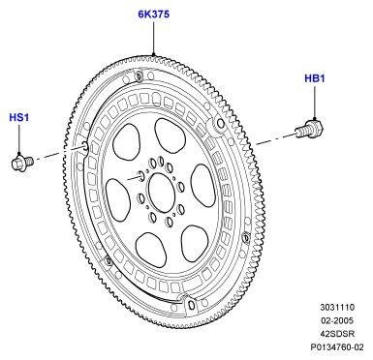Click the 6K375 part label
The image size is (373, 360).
click(154, 15)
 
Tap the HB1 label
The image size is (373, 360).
click(315, 78)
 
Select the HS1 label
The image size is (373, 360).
click(19, 117)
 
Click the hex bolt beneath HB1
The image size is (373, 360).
click(309, 129)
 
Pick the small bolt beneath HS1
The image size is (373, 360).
click(22, 162)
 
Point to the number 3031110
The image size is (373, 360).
click(337, 307)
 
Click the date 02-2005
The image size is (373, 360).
click(337, 320)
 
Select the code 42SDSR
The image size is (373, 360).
click(337, 334)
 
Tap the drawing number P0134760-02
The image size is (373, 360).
click(337, 347)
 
